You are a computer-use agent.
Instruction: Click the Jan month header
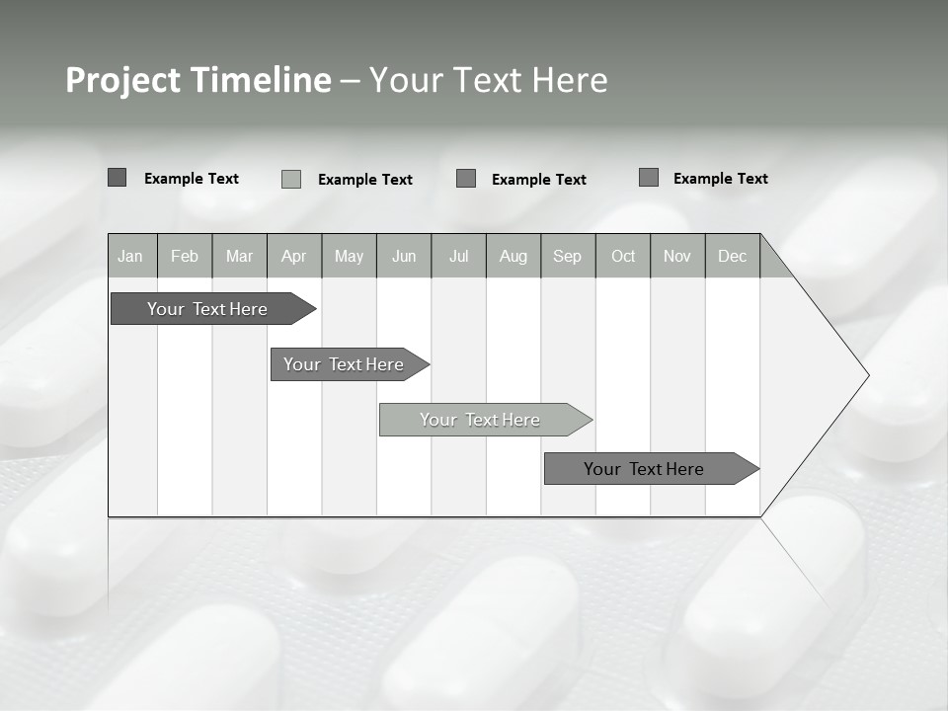(131, 256)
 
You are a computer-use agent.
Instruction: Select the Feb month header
(185, 256)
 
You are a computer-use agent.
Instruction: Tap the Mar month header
(239, 256)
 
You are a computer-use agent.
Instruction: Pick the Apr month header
(294, 256)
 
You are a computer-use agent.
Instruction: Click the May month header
(349, 256)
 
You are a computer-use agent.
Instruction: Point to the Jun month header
(404, 256)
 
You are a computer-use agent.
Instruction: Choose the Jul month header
(458, 256)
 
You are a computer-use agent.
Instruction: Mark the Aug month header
(513, 256)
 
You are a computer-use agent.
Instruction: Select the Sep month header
(568, 256)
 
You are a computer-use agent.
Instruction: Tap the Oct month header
(623, 256)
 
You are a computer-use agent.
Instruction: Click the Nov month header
(677, 256)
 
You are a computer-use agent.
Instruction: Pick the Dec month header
(733, 256)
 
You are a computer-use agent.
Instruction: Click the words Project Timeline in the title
(197, 80)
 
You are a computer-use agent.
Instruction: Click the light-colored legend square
(291, 179)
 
